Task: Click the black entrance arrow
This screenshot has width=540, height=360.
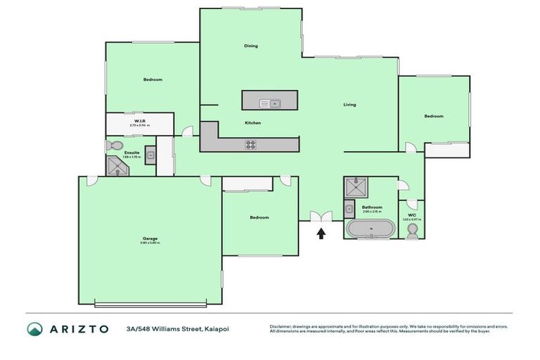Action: [x=321, y=233]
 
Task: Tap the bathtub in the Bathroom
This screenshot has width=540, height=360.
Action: [x=370, y=229]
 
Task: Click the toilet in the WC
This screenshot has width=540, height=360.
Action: [x=413, y=231]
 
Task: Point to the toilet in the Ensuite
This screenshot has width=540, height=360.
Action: [x=115, y=146]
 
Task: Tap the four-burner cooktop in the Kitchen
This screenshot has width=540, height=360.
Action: [x=250, y=145]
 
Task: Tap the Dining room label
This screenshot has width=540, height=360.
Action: [x=251, y=46]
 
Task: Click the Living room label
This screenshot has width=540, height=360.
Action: [x=349, y=105]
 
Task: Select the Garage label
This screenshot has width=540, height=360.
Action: [x=150, y=238]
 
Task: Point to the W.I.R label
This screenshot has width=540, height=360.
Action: [x=139, y=121]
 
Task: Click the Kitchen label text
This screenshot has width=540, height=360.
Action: [x=253, y=123]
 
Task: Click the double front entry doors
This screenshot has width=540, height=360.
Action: [x=319, y=217]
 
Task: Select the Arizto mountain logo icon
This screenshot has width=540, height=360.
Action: [x=34, y=329]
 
